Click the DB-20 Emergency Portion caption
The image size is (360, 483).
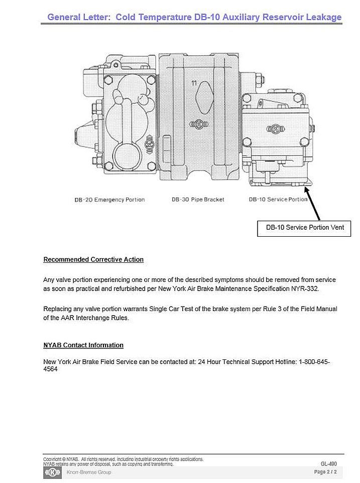pos(109,200)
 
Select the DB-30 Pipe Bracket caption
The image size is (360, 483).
pos(198,200)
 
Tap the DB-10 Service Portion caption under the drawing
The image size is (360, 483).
pos(278,200)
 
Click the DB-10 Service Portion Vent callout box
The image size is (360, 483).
pos(304,228)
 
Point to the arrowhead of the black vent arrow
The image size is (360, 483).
pos(306,187)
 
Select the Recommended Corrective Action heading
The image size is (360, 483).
pos(93,259)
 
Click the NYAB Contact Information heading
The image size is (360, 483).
pos(83,345)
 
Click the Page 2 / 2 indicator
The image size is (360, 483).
pos(325,472)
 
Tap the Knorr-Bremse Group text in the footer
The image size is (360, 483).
pos(89,472)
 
